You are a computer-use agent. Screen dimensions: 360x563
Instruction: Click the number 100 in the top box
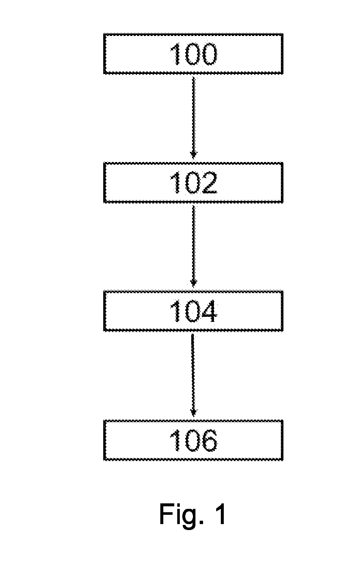(x=193, y=54)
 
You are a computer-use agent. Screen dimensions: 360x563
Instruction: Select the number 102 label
(x=193, y=183)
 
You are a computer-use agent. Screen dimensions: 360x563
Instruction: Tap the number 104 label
(x=193, y=311)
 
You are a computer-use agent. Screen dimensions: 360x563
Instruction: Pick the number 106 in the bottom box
(x=193, y=440)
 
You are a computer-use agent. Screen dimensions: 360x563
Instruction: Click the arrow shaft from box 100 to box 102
(x=193, y=118)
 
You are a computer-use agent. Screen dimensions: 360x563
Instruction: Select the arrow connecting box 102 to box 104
(x=193, y=246)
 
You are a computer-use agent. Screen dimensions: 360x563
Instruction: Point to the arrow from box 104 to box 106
(x=193, y=375)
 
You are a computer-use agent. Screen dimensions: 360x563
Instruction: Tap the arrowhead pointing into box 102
(x=193, y=155)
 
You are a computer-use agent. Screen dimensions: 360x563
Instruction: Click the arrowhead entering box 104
(x=193, y=284)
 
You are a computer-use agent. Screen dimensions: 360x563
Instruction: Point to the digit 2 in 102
(x=209, y=183)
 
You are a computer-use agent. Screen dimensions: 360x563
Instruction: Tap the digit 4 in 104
(x=209, y=311)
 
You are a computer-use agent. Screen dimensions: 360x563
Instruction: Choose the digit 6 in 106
(x=209, y=440)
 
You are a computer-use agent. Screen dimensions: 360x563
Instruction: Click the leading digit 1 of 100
(x=176, y=54)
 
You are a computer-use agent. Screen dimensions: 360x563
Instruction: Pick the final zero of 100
(x=209, y=54)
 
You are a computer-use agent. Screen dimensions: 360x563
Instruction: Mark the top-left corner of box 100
(x=104, y=34)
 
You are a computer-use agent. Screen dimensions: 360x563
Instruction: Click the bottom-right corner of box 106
(x=283, y=460)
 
